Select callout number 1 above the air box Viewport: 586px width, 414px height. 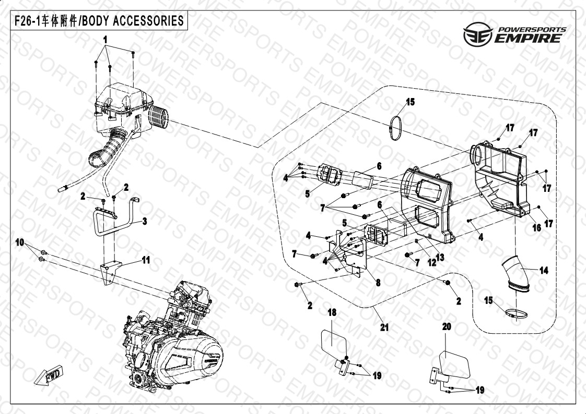(x=106, y=40)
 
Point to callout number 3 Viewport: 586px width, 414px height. (x=145, y=221)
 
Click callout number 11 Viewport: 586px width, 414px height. (x=146, y=260)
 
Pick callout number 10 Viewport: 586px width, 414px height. (x=20, y=242)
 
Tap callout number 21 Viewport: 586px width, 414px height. (x=384, y=327)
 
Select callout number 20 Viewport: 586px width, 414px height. (x=446, y=327)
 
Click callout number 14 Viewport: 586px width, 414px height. (x=544, y=270)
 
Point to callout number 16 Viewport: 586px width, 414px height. (x=536, y=228)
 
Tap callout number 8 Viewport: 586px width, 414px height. (x=378, y=282)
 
